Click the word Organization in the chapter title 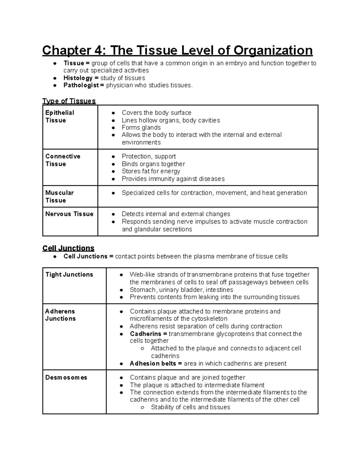point(273,50)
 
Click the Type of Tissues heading point(69,101)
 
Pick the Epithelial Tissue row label point(59,116)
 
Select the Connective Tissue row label point(63,160)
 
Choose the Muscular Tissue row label point(59,196)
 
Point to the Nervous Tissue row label point(69,214)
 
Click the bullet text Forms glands point(141,128)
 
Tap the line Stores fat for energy point(151,171)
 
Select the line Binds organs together point(153,164)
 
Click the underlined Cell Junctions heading point(68,248)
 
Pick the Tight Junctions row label point(69,275)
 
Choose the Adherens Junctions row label point(60,315)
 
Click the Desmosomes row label point(66,377)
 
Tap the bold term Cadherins point(145,334)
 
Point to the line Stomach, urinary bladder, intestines point(181,290)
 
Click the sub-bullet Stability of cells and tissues point(190,407)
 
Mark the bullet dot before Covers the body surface point(113,113)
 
